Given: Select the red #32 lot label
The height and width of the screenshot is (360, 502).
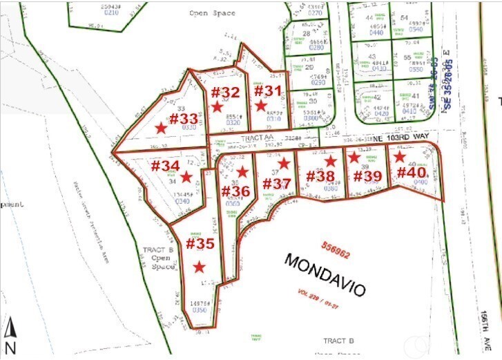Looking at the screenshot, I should tap(225, 92).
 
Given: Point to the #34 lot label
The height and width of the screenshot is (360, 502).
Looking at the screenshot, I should tap(165, 166).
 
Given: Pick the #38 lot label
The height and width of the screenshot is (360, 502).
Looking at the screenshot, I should tap(320, 176).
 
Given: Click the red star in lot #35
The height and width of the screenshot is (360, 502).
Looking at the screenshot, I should tap(200, 267).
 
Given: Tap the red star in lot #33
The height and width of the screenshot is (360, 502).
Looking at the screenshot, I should tap(161, 128).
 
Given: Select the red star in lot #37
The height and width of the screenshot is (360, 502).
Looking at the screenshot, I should tap(283, 164).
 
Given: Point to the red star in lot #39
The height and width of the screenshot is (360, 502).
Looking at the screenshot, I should tap(354, 158).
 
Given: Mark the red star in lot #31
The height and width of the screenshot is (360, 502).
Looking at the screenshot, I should tap(260, 106).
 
